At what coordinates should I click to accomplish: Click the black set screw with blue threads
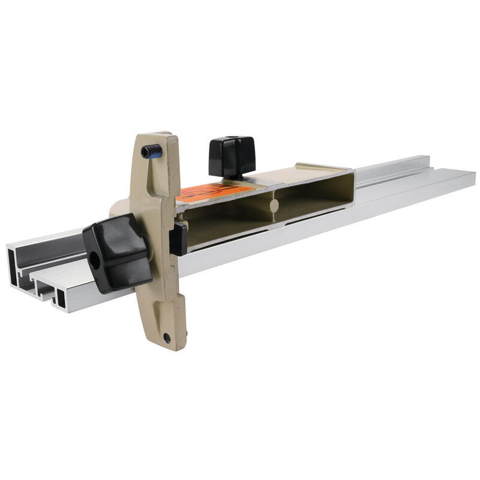click(151, 151)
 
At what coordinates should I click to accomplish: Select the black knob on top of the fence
click(232, 156)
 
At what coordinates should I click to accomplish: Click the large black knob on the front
click(117, 253)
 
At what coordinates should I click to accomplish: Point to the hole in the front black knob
click(95, 262)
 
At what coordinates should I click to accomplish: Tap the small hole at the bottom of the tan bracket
click(167, 338)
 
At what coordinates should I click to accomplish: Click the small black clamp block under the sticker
click(178, 239)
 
